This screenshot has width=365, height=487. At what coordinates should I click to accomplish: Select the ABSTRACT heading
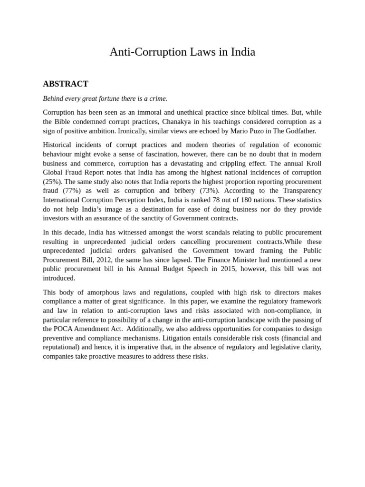point(66,84)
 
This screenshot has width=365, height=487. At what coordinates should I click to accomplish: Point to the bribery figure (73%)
point(208,191)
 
